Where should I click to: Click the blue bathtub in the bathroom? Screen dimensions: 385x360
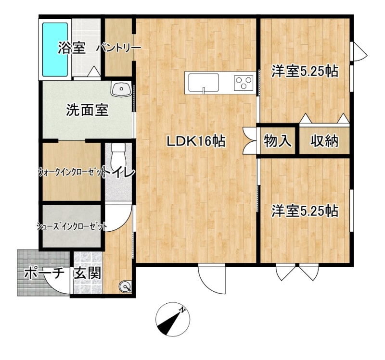coord(55,50)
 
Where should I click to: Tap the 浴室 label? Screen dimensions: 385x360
coord(71,48)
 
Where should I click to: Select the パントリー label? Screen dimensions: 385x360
coord(118,48)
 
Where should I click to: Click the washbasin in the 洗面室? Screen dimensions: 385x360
coord(121,89)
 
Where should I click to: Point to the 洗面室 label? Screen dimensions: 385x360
coord(87,111)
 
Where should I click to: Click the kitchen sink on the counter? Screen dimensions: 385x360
coord(204,83)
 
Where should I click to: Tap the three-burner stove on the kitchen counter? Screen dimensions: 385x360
coord(244,82)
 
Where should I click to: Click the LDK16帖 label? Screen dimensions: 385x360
coord(196,141)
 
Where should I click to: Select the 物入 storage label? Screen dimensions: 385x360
coord(278,141)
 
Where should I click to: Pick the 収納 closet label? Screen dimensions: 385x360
coord(324,141)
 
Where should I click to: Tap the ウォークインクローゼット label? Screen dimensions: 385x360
coord(71,173)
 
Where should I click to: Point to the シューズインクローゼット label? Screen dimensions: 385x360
coord(71,226)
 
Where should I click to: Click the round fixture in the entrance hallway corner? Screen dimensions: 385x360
coord(125,286)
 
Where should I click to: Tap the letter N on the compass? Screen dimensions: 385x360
coord(182,310)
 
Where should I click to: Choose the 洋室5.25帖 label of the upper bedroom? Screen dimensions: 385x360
coord(305,71)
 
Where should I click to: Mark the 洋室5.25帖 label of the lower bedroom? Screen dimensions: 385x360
coord(305,211)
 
